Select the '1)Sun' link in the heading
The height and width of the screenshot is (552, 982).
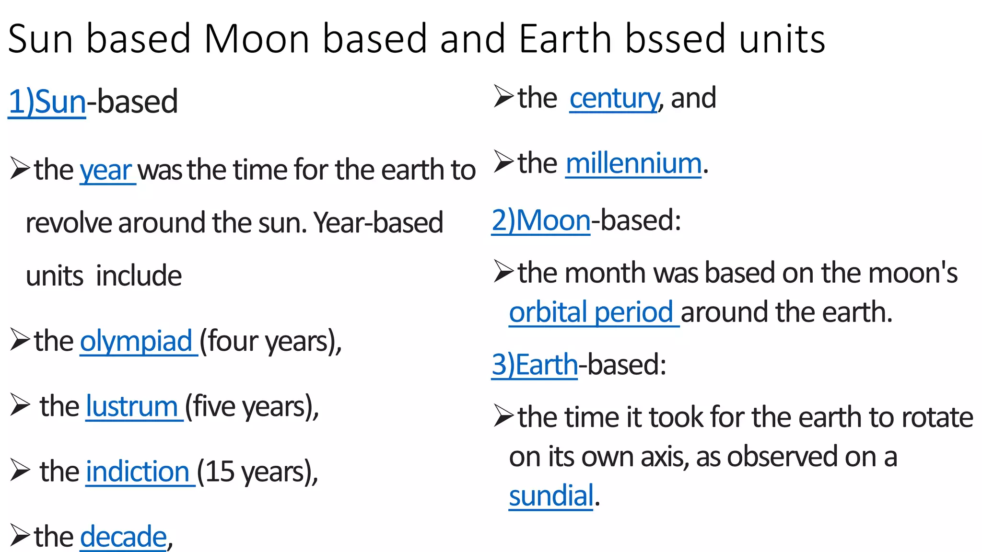pyautogui.click(x=47, y=102)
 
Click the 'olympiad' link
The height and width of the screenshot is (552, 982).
pyautogui.click(x=136, y=341)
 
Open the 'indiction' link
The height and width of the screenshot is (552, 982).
pyautogui.click(x=138, y=471)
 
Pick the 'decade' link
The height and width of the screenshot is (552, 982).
pyautogui.click(x=123, y=536)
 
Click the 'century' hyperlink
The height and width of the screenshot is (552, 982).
pyautogui.click(x=614, y=98)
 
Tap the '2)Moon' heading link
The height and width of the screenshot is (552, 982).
pyautogui.click(x=541, y=220)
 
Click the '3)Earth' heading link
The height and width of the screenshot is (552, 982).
pyautogui.click(x=535, y=365)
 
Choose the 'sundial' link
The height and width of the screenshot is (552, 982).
pyautogui.click(x=551, y=495)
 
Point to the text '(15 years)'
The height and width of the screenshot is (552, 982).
pyautogui.click(x=257, y=471)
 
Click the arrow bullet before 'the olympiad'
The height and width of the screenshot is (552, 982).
pyautogui.click(x=20, y=340)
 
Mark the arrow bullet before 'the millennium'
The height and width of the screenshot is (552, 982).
pyautogui.click(x=504, y=161)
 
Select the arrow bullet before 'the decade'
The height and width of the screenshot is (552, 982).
pyautogui.click(x=20, y=535)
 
